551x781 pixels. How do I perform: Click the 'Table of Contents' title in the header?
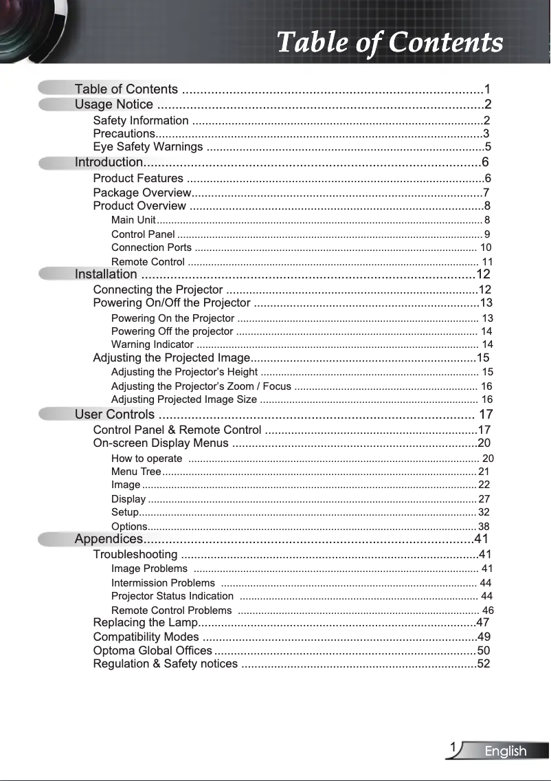coord(390,42)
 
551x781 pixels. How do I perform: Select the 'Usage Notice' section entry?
coord(114,104)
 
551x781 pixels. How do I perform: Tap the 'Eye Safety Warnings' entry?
coord(148,147)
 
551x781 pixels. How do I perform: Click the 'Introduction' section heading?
coord(108,162)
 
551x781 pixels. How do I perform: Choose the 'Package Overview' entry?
coord(142,192)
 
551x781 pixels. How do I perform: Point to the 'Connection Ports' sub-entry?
coord(151,247)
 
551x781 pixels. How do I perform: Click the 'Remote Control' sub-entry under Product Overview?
coord(148,262)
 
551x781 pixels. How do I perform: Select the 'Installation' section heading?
coord(106,275)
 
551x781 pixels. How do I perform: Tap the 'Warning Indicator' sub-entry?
coord(152,344)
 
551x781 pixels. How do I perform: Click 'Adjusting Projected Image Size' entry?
coord(184,399)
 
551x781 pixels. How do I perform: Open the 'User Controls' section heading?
coord(115,415)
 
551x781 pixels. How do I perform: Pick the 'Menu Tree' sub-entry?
coord(136,472)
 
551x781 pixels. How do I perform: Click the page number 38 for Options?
coord(484,527)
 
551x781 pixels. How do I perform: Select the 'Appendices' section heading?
coord(109,538)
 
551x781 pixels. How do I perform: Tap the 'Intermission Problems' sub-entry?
coord(163,582)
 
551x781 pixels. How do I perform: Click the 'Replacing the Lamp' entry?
coord(145,623)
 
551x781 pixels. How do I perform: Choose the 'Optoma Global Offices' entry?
coord(153,650)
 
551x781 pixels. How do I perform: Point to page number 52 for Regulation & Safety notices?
coord(484,664)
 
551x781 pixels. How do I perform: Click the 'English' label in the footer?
coord(505,751)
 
